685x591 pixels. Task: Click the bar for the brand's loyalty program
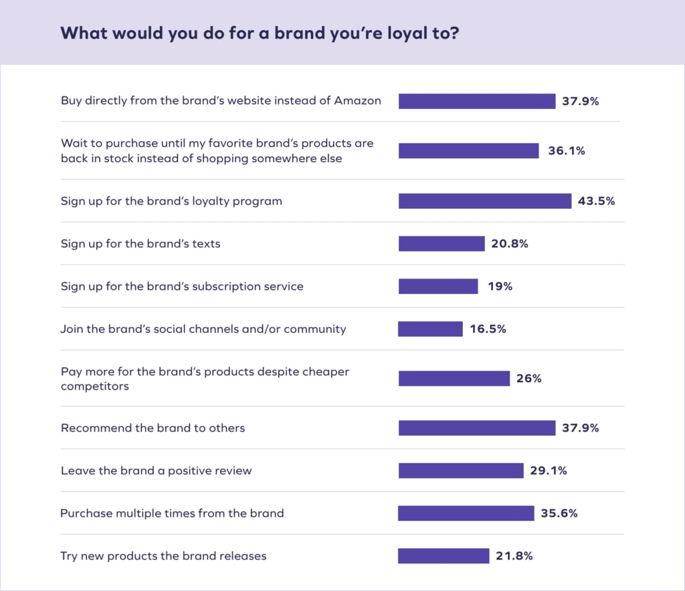tap(485, 201)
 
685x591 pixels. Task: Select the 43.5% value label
tap(596, 201)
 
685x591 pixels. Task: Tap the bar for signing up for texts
tap(442, 244)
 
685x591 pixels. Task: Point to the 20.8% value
tap(510, 244)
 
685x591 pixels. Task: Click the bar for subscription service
tap(438, 286)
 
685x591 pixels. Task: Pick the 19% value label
tap(500, 286)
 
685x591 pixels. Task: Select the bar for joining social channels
tap(430, 329)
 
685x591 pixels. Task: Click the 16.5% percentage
tap(488, 329)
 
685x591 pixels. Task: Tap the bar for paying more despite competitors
tap(454, 379)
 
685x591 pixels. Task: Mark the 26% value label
tap(529, 379)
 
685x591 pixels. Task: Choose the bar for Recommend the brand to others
tap(477, 428)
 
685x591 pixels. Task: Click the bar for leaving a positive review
tap(461, 471)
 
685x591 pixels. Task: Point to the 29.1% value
tap(549, 471)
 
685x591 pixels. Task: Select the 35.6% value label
tap(559, 513)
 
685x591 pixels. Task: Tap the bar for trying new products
tap(444, 556)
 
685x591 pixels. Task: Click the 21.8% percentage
tap(514, 556)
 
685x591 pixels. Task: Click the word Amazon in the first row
tap(358, 100)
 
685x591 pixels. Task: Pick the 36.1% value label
tap(567, 151)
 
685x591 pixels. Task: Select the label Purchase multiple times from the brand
tap(172, 513)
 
